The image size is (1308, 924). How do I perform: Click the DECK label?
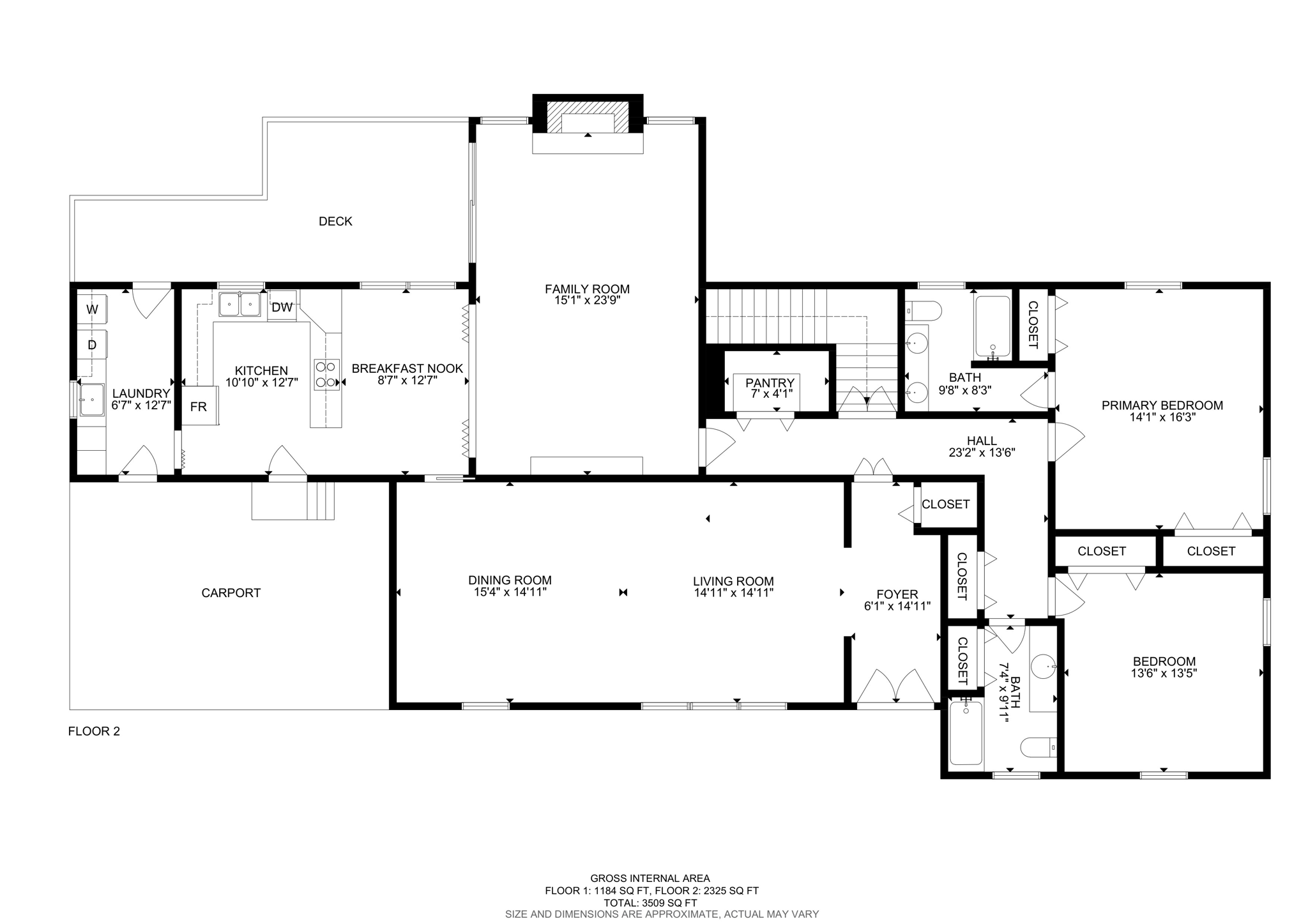click(x=335, y=222)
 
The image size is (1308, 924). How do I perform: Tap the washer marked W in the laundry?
click(x=93, y=310)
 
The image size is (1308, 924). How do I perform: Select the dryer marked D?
click(x=93, y=345)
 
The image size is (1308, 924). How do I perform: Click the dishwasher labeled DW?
click(x=282, y=308)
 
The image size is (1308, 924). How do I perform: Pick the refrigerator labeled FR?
click(x=199, y=407)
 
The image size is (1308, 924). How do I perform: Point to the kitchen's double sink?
click(x=240, y=305)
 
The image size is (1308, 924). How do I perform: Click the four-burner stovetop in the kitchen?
click(x=326, y=375)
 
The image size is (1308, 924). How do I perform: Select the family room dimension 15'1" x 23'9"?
click(x=587, y=300)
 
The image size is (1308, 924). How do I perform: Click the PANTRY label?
click(x=770, y=383)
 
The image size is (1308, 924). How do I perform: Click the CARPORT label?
click(x=231, y=593)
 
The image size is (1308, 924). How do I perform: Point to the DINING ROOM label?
click(x=510, y=580)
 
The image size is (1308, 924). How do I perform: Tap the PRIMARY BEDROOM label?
click(x=1162, y=405)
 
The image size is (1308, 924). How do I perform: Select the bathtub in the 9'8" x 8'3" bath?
click(x=992, y=327)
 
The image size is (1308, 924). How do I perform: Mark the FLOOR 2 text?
click(x=94, y=732)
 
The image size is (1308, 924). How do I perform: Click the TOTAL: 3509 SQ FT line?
click(x=650, y=903)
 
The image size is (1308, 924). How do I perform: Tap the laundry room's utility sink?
click(x=92, y=400)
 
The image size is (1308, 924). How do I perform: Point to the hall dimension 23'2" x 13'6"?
click(x=982, y=453)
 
